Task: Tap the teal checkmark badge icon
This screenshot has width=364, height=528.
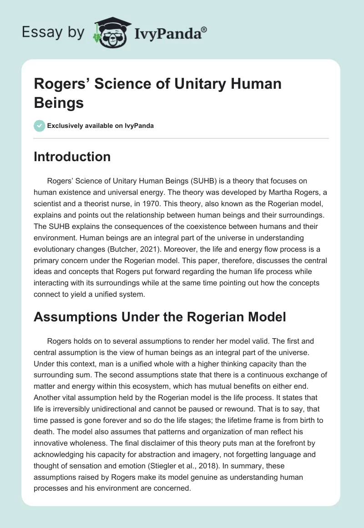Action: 39,126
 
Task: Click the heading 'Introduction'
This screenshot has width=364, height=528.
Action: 72,157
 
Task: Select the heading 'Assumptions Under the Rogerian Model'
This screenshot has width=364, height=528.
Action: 160,317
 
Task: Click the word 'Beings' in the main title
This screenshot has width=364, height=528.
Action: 59,103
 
